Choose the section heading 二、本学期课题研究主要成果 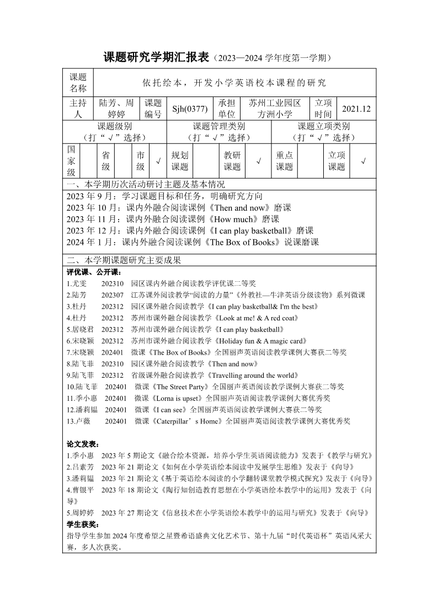point(124,260)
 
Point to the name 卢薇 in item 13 point(83,421)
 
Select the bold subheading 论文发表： point(83,444)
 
